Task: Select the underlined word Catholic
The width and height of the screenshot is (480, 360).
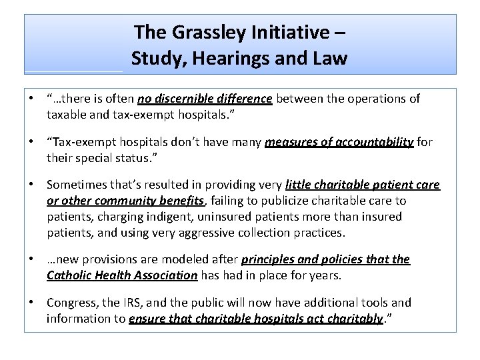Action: (x=70, y=275)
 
